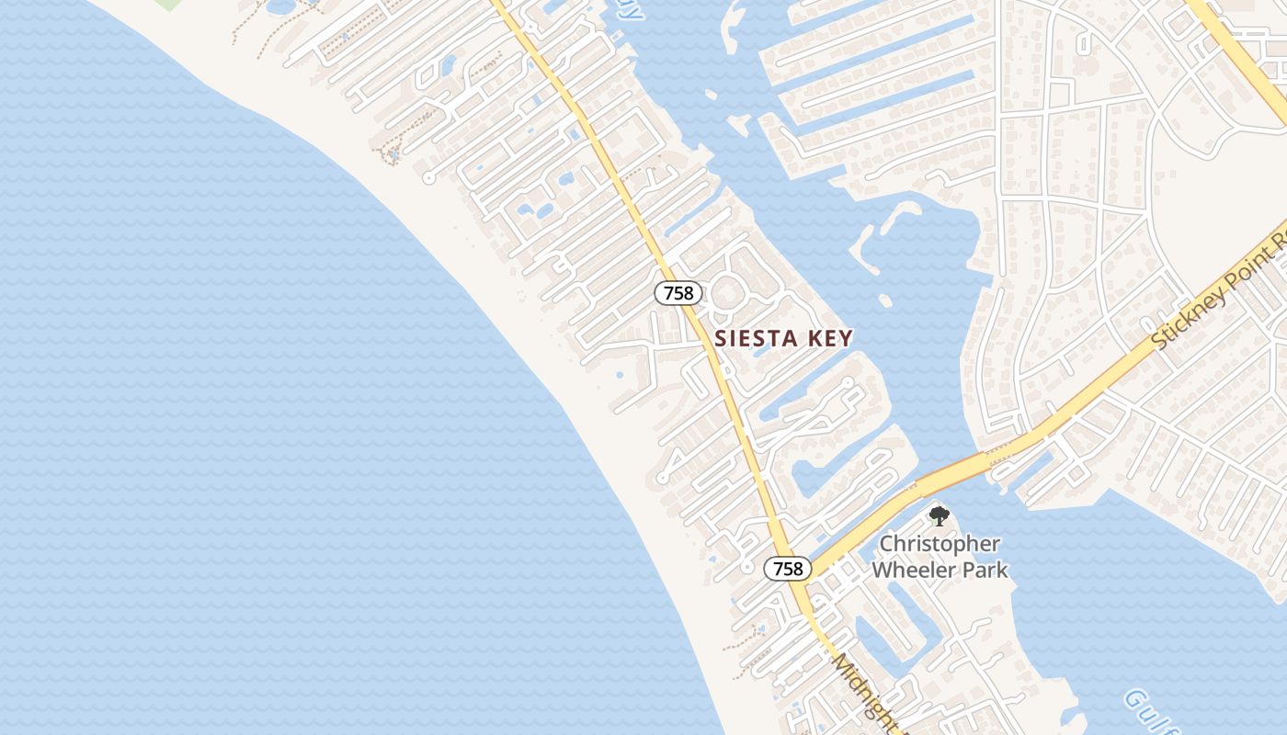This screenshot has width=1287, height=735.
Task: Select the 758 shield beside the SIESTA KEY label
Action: point(678,293)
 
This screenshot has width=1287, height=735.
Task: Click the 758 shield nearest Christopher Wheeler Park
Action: point(788,569)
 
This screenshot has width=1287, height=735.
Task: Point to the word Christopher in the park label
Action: point(940,544)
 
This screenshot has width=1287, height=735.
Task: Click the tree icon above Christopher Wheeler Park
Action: point(938,515)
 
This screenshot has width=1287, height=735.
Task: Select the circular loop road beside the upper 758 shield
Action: point(727,292)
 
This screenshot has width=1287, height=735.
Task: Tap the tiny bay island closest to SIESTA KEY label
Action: point(884,300)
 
